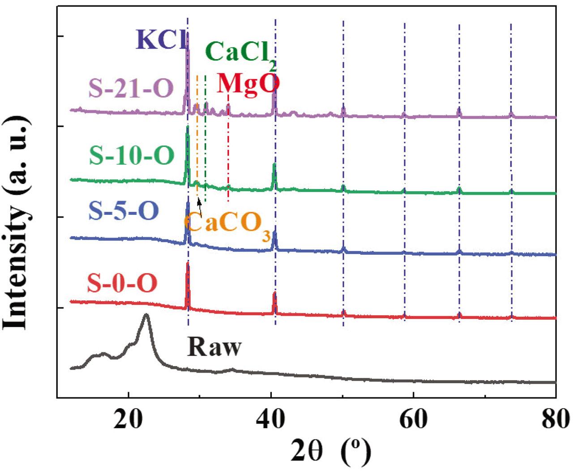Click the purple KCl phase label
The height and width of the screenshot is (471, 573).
(x=161, y=40)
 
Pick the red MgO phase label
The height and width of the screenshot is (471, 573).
(x=248, y=84)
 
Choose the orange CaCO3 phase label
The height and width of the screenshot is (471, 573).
(x=228, y=223)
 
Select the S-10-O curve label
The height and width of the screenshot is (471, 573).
(x=132, y=155)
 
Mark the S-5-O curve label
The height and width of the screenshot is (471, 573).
(x=124, y=210)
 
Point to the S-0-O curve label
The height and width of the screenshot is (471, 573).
(x=122, y=283)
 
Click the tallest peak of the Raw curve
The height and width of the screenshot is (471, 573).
(x=145, y=316)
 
